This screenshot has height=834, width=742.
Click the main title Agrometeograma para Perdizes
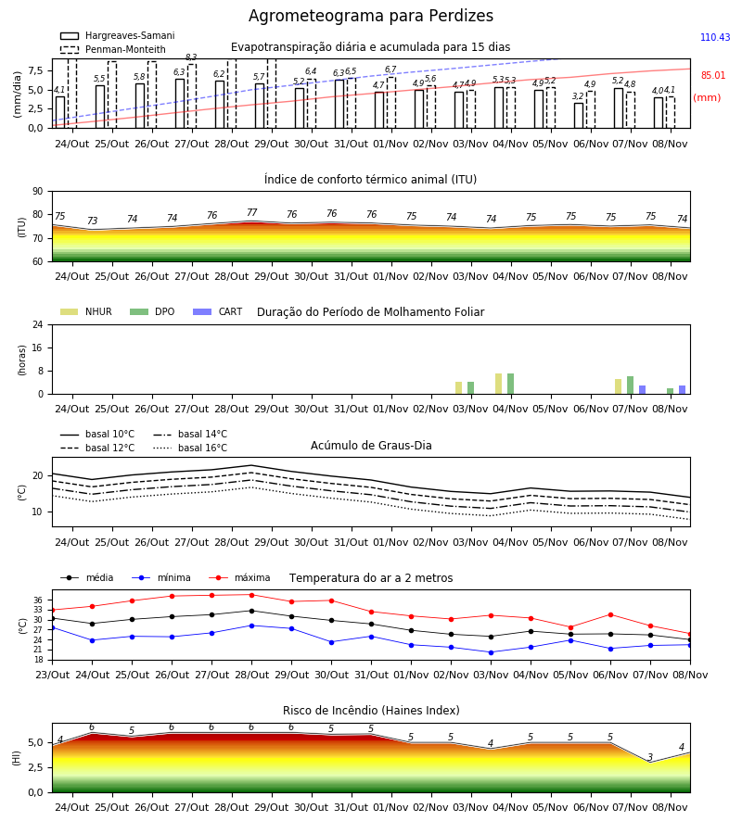(370, 16)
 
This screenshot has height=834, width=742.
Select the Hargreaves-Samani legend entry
(118, 35)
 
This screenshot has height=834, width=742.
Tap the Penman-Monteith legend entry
(113, 49)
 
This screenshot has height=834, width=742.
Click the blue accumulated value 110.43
(715, 37)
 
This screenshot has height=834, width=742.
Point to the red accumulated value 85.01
(712, 76)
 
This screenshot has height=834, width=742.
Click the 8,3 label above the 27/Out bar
(191, 57)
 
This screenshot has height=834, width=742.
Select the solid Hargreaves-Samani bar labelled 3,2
(579, 116)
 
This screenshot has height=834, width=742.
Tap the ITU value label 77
(251, 213)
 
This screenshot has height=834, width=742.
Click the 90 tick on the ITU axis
(38, 192)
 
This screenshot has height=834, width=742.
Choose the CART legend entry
(218, 311)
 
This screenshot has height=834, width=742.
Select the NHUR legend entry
(86, 311)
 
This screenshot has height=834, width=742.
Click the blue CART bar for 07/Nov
(643, 390)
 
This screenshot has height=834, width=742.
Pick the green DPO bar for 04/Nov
(510, 384)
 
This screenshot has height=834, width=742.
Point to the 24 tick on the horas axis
(38, 324)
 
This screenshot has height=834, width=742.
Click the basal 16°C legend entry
(190, 448)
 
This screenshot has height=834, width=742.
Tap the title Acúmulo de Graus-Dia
(371, 446)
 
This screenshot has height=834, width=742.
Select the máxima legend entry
(239, 577)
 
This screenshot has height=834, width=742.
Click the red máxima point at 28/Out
(251, 595)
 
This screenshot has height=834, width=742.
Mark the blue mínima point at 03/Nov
(491, 652)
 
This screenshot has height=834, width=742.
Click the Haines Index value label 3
(650, 757)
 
